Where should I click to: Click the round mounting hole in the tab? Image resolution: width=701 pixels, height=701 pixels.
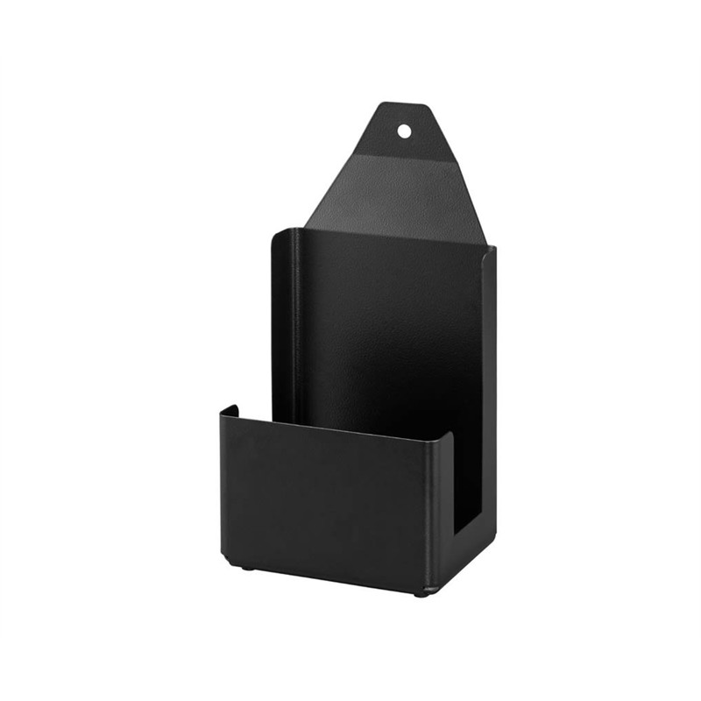click(x=404, y=131)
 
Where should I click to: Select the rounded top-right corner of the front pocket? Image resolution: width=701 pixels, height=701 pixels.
click(x=449, y=435)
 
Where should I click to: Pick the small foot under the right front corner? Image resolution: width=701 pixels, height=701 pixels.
click(x=421, y=593)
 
